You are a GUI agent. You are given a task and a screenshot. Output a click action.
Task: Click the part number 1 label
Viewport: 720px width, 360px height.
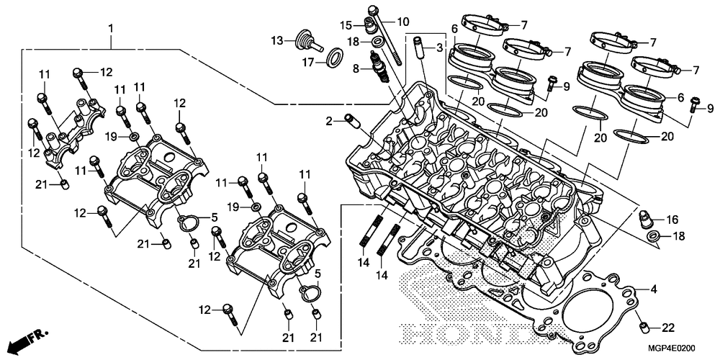[x=110, y=29]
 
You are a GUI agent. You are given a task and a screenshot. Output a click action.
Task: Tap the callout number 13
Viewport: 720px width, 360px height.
[x=277, y=40]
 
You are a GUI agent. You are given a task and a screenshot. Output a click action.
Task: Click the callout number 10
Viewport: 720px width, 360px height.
[x=402, y=21]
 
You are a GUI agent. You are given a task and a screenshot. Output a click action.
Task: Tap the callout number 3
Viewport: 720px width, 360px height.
[x=439, y=48]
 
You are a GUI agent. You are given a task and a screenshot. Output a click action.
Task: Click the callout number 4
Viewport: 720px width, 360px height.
[x=654, y=289]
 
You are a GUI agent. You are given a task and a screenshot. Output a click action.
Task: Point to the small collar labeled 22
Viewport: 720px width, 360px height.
[x=644, y=328]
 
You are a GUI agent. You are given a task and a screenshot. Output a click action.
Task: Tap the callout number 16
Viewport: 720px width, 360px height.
[x=672, y=220]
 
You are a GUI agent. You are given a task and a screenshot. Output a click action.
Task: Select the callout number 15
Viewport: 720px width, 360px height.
[x=346, y=24]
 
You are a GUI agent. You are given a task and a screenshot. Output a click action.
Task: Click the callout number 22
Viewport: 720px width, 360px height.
[x=668, y=328]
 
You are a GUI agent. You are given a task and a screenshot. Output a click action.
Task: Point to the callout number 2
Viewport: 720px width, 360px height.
[x=329, y=121]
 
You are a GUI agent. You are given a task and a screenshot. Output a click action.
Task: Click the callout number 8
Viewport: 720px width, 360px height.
[x=356, y=69]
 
